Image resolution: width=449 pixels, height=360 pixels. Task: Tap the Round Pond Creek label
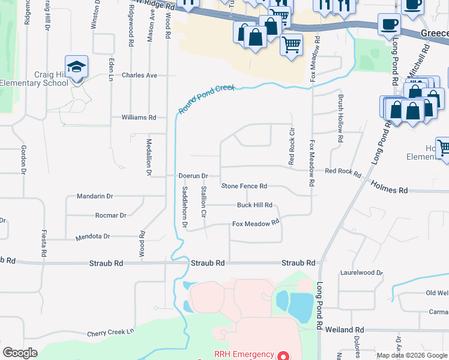pos(206,98)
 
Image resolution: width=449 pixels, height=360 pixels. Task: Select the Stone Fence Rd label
pos(244,187)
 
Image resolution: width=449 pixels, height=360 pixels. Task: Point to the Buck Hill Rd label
pos(255,205)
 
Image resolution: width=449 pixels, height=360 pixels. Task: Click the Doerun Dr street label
pos(193,176)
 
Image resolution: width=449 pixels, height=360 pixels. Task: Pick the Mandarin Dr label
pos(95,196)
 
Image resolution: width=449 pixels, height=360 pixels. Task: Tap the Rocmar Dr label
pos(110,215)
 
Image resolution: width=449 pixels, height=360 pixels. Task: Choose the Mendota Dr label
pos(92,236)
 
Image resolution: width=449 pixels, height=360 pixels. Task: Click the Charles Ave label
pos(139,76)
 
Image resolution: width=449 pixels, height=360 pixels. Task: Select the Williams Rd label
pos(139,118)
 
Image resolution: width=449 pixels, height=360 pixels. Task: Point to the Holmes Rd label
pos(389,188)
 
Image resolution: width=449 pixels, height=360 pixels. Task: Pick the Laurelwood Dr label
pos(361,272)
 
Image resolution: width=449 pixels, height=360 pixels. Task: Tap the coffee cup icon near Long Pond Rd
pos(389,25)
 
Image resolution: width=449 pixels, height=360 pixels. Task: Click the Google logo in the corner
pos(20,353)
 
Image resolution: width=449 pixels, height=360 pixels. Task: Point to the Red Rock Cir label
pos(292,146)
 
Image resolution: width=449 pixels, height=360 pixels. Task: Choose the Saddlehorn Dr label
pos(185,207)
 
